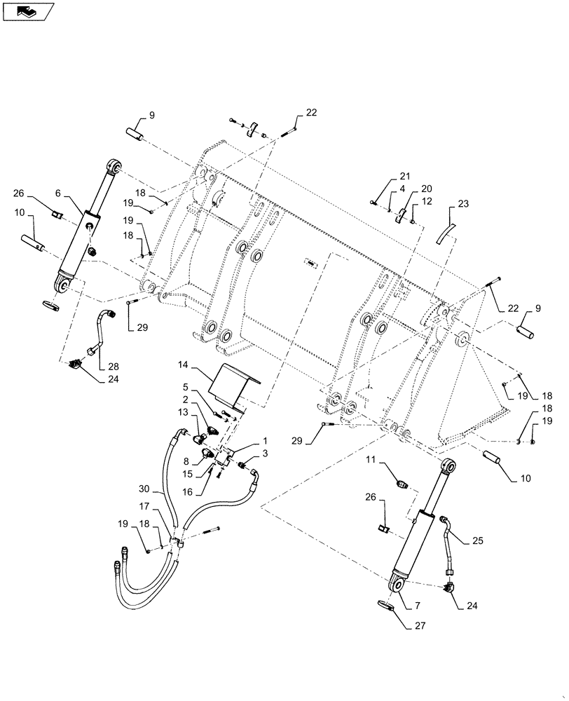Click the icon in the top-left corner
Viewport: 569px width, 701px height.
pos(27,11)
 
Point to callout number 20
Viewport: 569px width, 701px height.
pos(426,188)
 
